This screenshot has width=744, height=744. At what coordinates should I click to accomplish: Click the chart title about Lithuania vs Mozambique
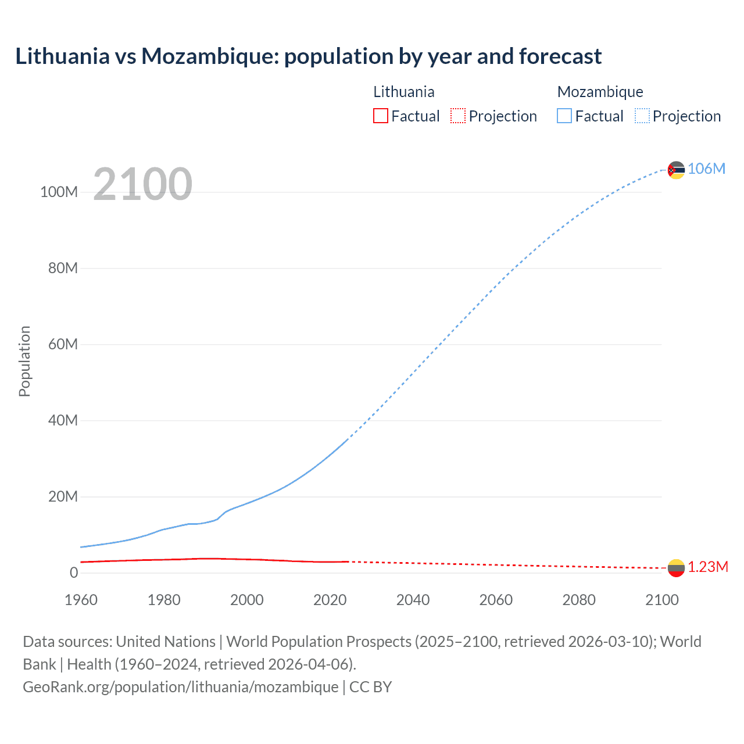coord(308,56)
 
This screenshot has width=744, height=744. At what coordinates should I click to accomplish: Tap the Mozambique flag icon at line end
coord(676,170)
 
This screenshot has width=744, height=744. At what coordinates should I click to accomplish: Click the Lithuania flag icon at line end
coord(676,568)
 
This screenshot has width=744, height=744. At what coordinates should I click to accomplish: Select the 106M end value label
coord(706,169)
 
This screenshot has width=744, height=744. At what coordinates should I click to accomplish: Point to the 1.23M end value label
coord(708,567)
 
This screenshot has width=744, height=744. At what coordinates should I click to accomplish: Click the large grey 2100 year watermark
coord(142,184)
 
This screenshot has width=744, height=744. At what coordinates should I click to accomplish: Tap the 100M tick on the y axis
coord(59,192)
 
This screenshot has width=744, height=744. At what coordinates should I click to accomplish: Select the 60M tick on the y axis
coord(63,345)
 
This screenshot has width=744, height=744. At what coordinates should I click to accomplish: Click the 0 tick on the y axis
coord(74,573)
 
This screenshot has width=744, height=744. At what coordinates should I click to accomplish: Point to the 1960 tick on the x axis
coord(81,600)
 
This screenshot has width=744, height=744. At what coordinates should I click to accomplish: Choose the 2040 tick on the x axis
coord(413,600)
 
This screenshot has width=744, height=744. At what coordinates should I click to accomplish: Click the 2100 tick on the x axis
coord(661,600)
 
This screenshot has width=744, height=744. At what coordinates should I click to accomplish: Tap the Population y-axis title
coord(24,361)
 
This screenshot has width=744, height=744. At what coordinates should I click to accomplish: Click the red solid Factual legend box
coord(381,116)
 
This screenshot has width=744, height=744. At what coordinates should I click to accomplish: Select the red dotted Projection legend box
coord(458,116)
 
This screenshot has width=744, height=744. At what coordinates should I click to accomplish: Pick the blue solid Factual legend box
coord(564,116)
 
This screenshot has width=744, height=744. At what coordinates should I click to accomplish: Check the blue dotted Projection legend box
coord(642,116)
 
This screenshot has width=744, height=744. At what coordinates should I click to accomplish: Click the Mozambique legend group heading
coord(600,92)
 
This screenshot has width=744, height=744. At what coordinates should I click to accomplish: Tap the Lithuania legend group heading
coord(403,92)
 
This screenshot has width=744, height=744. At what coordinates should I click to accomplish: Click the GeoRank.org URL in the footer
coord(180,687)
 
